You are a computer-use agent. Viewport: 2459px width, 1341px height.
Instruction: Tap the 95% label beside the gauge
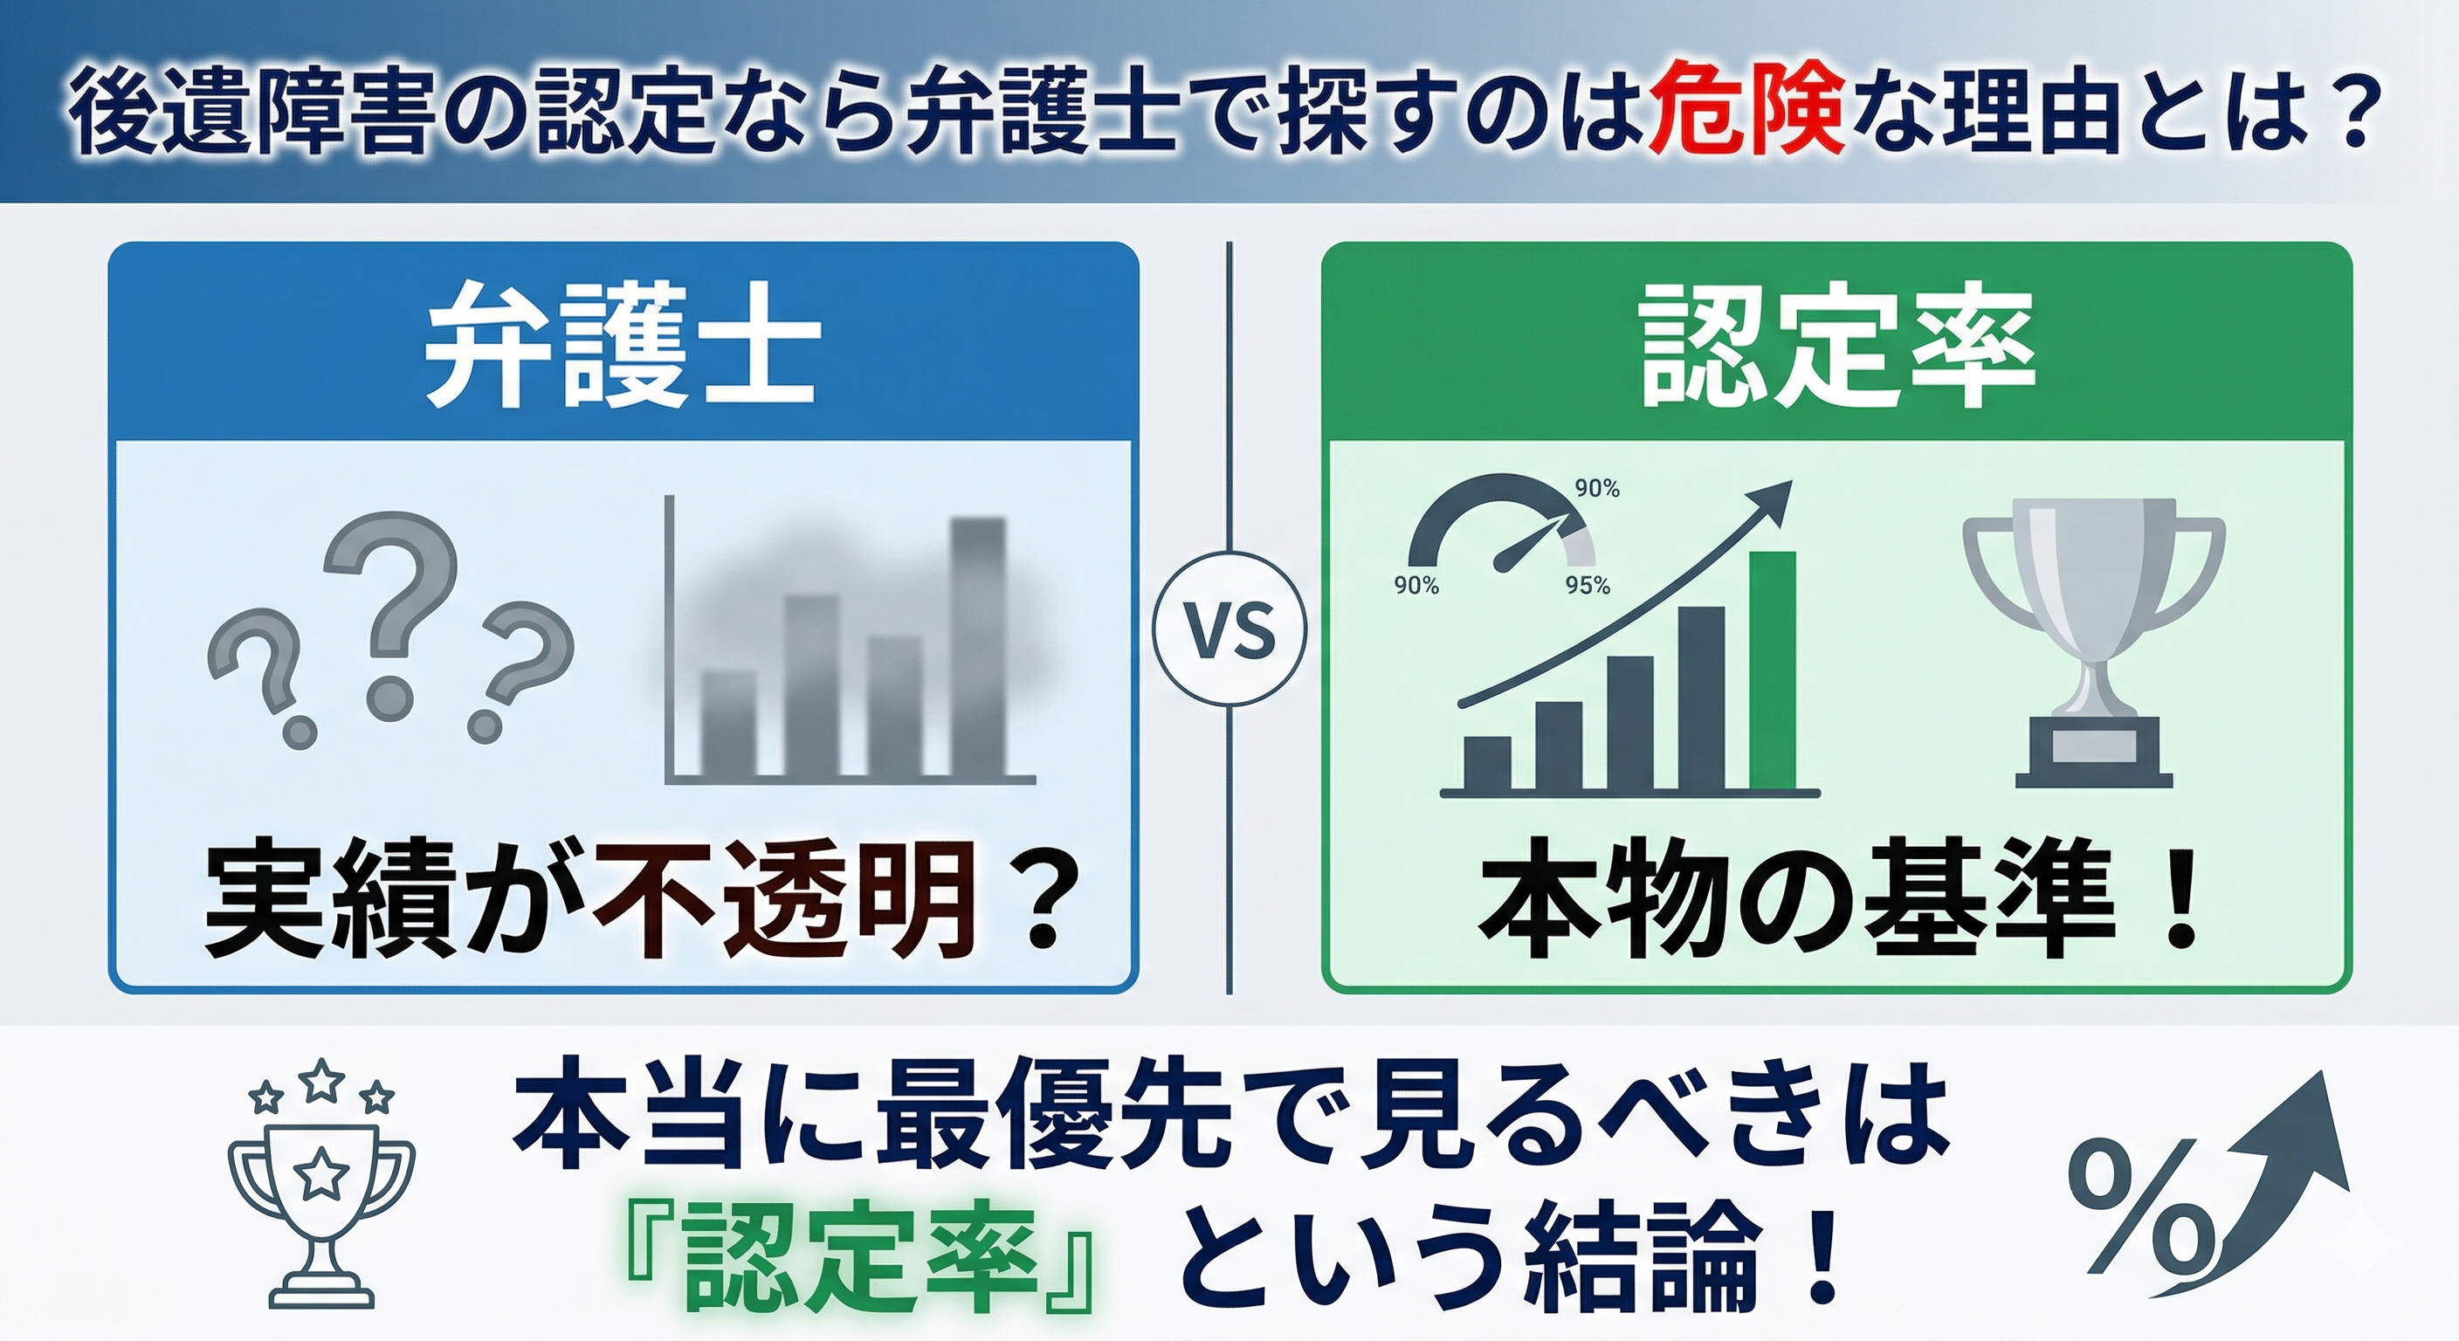coord(1588,585)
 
